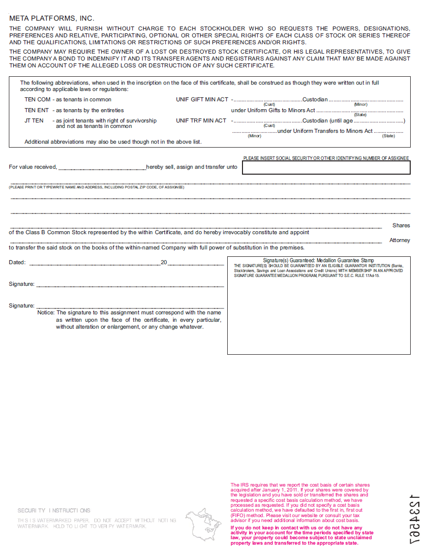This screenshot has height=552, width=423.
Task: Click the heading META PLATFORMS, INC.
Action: (x=52, y=18)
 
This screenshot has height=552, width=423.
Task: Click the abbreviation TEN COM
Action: (x=37, y=99)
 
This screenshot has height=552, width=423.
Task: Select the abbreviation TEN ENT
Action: (x=37, y=110)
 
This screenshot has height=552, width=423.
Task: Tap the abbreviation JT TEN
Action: (x=34, y=121)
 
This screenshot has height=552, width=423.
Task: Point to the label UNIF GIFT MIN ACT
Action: (x=202, y=99)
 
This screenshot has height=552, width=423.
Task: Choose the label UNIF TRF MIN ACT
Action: (x=201, y=121)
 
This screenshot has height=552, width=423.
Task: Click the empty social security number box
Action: (x=326, y=168)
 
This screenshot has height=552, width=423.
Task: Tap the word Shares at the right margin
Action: (x=401, y=225)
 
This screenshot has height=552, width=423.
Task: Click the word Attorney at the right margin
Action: (x=399, y=240)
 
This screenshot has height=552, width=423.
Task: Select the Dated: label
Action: (x=17, y=262)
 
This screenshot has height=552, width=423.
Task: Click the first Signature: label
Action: (x=22, y=284)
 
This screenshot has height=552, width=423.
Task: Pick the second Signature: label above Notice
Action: (x=22, y=306)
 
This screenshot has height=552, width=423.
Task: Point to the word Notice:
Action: (x=46, y=312)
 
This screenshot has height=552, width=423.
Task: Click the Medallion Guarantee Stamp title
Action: (x=318, y=260)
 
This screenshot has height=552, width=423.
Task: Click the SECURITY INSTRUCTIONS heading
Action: (x=54, y=511)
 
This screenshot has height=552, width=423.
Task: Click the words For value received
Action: (x=33, y=167)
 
